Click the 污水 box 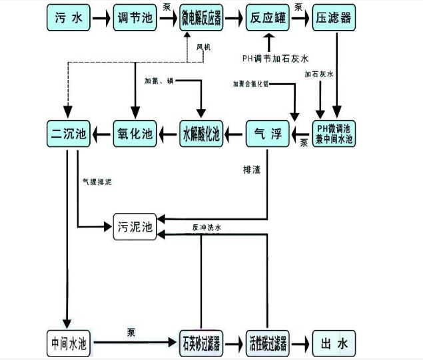[x=68, y=17]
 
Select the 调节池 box [x=135, y=17]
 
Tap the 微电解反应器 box [x=201, y=17]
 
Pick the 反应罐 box [x=267, y=17]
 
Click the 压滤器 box [x=333, y=17]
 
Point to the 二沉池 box [x=68, y=134]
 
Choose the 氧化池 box [x=135, y=134]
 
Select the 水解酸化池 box [x=201, y=134]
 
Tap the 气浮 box [x=268, y=134]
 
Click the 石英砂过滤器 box [x=201, y=343]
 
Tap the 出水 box [x=333, y=343]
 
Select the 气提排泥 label [x=97, y=181]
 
